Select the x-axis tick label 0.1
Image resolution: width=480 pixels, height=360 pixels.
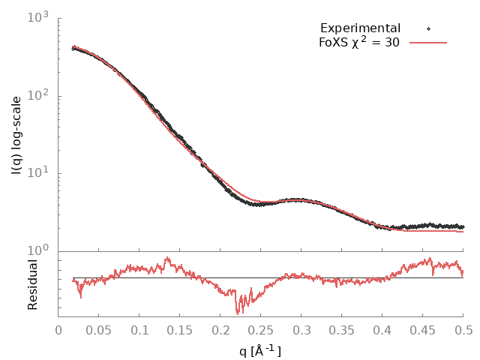click(139, 329)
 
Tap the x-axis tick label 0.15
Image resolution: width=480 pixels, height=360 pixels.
click(180, 329)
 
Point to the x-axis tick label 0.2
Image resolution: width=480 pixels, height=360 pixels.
click(220, 329)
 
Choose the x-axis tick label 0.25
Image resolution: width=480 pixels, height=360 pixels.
click(261, 329)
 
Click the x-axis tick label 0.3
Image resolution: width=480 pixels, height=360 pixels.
click(301, 329)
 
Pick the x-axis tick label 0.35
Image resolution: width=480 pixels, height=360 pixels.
click(342, 329)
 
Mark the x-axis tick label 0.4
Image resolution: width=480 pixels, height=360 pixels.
click(382, 329)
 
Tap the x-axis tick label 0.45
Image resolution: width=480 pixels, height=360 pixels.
click(423, 329)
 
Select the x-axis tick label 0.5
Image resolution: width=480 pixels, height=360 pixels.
click(463, 329)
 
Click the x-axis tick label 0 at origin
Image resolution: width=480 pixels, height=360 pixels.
click(58, 329)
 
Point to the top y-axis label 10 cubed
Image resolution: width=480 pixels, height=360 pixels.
click(39, 17)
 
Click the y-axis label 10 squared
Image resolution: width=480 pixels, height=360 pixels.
click(39, 95)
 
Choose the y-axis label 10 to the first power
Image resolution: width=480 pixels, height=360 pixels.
click(39, 173)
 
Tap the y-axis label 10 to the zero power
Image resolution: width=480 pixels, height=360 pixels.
click(39, 251)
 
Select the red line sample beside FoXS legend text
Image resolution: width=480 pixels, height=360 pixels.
click(428, 43)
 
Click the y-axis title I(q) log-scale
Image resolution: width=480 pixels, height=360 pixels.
click(16, 135)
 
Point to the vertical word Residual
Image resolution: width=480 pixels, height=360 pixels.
click(32, 284)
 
